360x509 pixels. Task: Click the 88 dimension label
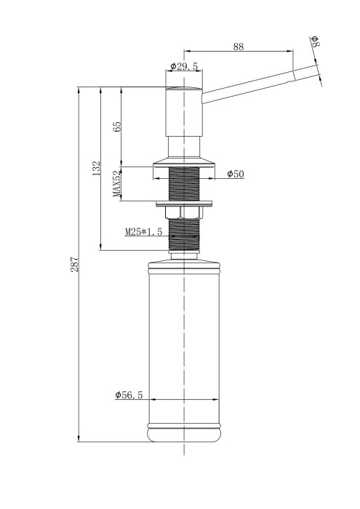[x=238, y=47]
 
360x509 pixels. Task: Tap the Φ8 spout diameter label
[x=315, y=41]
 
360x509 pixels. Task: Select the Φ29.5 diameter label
[x=184, y=66]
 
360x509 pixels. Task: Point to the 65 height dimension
[x=117, y=127]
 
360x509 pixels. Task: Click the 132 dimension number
[x=97, y=168]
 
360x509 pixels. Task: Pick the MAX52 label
[x=117, y=184]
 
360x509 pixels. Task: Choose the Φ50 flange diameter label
[x=236, y=174]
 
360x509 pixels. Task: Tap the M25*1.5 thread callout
[x=143, y=232]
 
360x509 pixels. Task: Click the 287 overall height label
[x=75, y=264]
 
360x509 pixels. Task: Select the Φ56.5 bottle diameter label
[x=129, y=395]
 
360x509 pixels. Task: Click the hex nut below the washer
[x=184, y=212]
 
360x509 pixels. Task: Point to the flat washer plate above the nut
[x=184, y=204]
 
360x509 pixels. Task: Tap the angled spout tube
[x=259, y=84]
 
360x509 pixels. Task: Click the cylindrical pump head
[x=184, y=112]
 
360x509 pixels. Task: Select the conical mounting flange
[x=184, y=162]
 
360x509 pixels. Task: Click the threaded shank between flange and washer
[x=184, y=184]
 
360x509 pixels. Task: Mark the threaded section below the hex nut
[x=184, y=234]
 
